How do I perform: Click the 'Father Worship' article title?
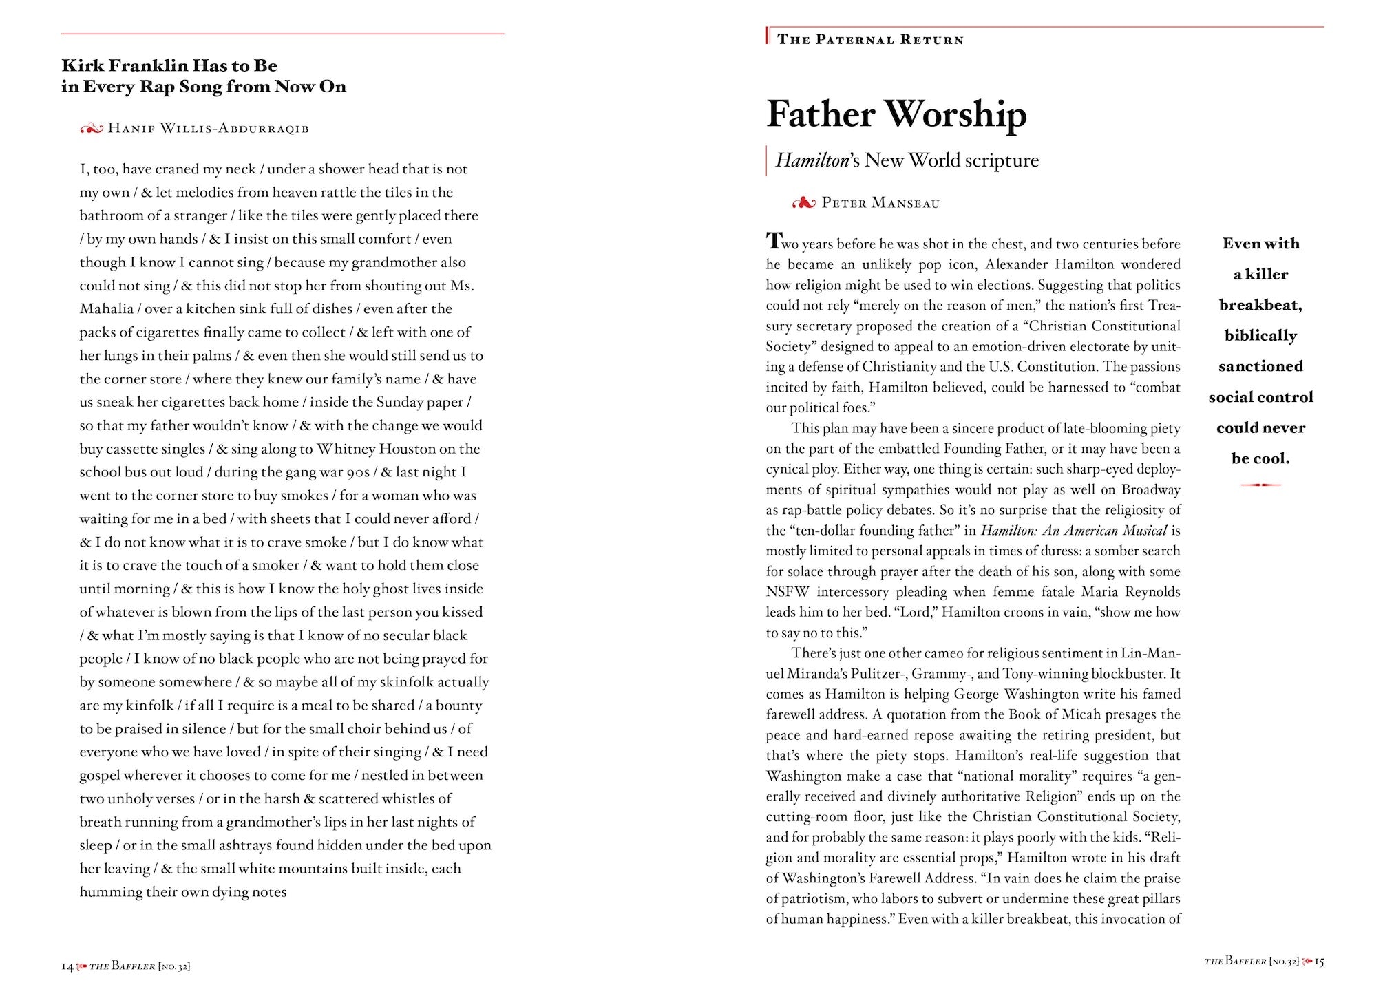(x=896, y=114)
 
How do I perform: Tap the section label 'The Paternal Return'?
(x=870, y=40)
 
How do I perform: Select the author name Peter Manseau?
(x=880, y=203)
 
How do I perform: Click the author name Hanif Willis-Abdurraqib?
(x=208, y=128)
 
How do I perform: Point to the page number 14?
(x=67, y=966)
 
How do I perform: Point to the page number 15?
(x=1319, y=962)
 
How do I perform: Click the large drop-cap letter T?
(x=774, y=241)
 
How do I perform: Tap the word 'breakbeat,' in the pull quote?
(x=1260, y=305)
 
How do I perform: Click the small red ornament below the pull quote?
(x=1260, y=485)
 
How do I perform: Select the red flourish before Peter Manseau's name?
(x=804, y=203)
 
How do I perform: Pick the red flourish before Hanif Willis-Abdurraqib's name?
(x=91, y=128)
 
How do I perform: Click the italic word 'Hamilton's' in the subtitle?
(x=817, y=160)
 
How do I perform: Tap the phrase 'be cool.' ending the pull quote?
(x=1260, y=458)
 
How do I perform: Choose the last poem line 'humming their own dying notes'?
(x=182, y=892)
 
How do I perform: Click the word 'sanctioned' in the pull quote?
(x=1260, y=366)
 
